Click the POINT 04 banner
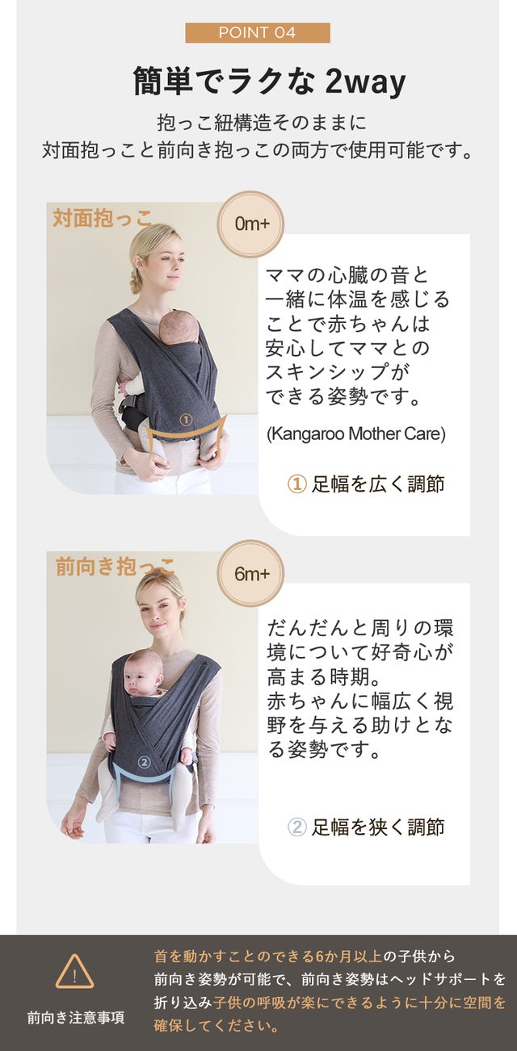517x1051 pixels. (x=258, y=33)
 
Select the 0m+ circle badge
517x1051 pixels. (x=250, y=224)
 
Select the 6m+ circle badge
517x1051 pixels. (x=250, y=574)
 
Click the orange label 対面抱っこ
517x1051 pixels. (x=103, y=219)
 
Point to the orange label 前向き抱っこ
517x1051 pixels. (x=115, y=567)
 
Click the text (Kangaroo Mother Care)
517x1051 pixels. (x=356, y=434)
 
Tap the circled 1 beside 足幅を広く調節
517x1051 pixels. (x=296, y=484)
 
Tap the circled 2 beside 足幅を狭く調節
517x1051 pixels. (x=296, y=827)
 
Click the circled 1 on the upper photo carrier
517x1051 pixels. (x=186, y=419)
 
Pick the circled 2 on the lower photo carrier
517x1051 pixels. (x=144, y=761)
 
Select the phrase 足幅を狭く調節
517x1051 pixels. (x=378, y=827)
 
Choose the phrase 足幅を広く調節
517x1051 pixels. (x=378, y=484)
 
